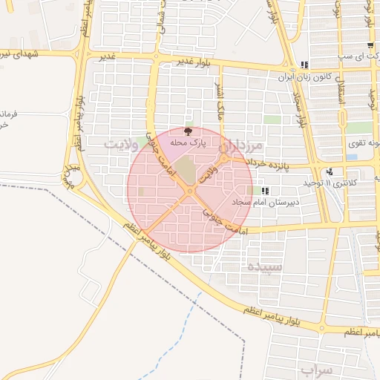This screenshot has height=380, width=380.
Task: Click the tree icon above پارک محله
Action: click(187, 130)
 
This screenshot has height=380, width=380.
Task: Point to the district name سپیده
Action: click(264, 265)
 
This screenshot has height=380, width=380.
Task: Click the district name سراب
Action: click(319, 368)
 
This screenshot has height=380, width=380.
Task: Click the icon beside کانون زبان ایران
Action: click(304, 65)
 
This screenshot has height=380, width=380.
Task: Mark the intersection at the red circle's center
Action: click(190, 190)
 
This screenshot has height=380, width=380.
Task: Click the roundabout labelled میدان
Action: click(72, 177)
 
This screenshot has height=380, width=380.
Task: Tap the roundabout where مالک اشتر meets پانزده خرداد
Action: click(224, 159)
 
